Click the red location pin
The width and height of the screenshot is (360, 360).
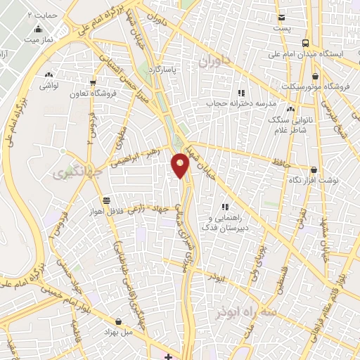pos(181,164)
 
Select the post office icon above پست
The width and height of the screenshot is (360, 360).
pos(281,18)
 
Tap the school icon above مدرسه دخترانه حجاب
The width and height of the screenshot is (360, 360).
pos(241,93)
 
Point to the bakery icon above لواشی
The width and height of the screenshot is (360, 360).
pos(49,74)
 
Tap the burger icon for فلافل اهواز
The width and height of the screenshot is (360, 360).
pos(105,199)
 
